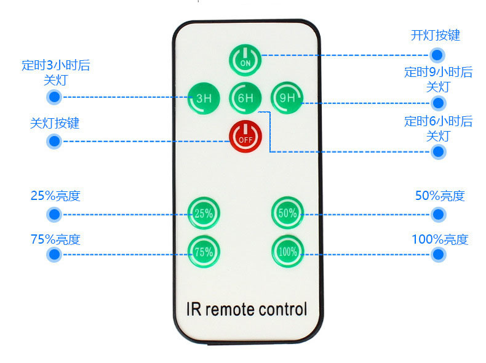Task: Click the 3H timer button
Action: point(204,98)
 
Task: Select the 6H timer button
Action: point(245,98)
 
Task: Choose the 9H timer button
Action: point(287,98)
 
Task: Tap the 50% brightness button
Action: point(287,213)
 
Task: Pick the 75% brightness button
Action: point(204,251)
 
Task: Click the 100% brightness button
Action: point(287,251)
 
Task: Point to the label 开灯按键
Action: point(435,35)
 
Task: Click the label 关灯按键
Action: point(55,123)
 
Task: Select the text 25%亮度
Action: point(55,196)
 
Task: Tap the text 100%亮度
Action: point(440,239)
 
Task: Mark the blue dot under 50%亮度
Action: point(438,214)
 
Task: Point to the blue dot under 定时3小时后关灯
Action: point(54,97)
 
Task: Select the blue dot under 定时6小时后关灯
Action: point(438,151)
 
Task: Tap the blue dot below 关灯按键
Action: point(54,142)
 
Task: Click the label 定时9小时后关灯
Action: point(438,79)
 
